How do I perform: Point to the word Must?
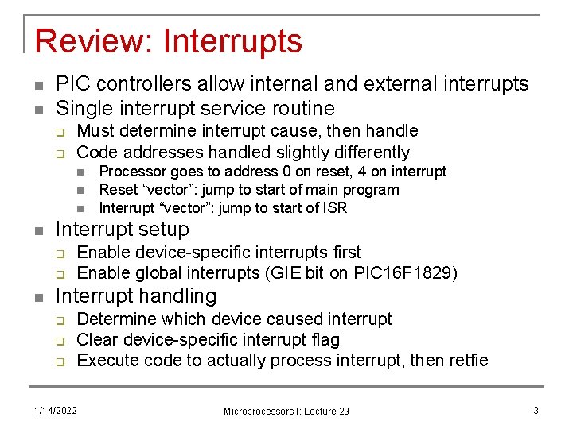96,131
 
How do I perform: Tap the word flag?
323,340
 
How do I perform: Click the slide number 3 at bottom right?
536,410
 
